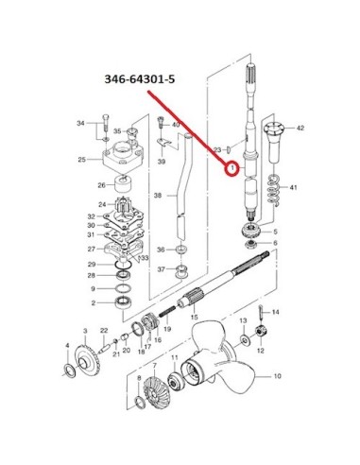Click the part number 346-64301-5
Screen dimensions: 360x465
click(140, 79)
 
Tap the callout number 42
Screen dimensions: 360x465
click(300, 128)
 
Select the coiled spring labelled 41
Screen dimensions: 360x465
click(273, 190)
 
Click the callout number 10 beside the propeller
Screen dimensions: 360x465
click(277, 376)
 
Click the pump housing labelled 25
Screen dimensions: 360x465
click(122, 156)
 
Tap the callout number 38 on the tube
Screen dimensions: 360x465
click(158, 196)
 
